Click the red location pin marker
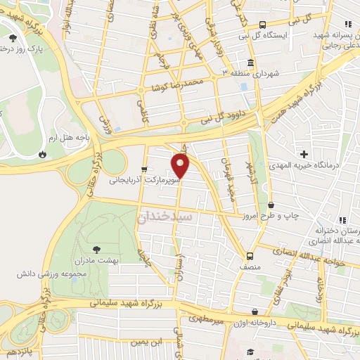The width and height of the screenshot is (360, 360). (181, 166)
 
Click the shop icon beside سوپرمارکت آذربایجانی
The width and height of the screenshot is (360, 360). (144, 169)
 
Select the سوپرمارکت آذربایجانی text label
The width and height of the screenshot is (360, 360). (144, 181)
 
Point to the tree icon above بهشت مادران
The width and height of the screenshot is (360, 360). (96, 248)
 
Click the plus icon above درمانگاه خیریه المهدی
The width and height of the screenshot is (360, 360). (304, 153)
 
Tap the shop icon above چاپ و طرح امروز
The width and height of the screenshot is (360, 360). (271, 205)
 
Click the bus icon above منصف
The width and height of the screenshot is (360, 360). (250, 256)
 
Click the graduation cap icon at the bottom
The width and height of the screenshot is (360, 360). (250, 352)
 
